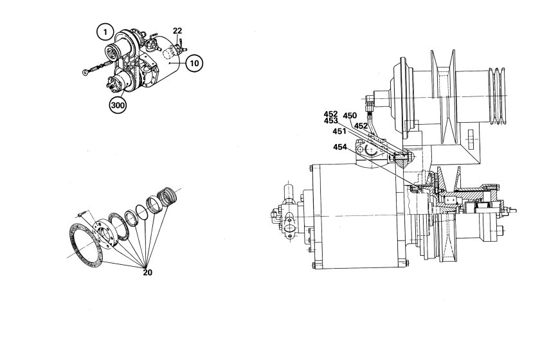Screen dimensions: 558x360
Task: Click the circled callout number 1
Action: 105,32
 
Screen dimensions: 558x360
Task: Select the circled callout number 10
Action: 194,63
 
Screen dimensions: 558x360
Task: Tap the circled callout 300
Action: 118,105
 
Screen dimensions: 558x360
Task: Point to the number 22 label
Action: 177,31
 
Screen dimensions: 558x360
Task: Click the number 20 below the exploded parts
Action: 147,273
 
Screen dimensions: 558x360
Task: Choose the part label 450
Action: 350,116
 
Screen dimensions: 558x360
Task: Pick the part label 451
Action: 339,131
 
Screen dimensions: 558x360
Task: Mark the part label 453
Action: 330,121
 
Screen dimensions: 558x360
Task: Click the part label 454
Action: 340,147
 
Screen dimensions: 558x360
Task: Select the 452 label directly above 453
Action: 330,114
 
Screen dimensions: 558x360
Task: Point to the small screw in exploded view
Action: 82,213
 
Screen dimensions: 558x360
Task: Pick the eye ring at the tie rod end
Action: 85,73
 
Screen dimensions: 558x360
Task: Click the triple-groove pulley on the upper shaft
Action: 497,96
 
